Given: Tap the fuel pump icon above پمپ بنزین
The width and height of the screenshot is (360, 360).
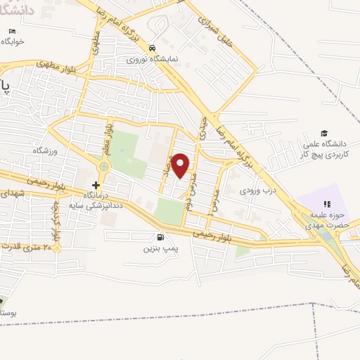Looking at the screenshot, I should tap(162, 238).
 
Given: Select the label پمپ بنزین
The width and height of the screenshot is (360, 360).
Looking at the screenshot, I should tap(157, 249).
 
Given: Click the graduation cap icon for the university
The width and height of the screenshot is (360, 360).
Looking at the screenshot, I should tap(324, 133).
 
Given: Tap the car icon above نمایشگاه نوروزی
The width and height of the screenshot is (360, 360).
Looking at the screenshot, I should tap(152, 48).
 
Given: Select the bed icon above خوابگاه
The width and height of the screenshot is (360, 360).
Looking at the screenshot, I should tap(13, 31).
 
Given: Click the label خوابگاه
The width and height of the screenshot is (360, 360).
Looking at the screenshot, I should tap(13, 41).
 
